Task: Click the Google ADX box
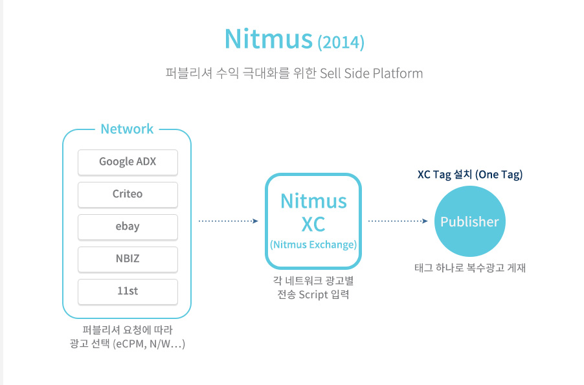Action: click(128, 162)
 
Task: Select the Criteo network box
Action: click(128, 194)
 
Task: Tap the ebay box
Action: click(128, 226)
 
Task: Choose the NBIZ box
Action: click(128, 259)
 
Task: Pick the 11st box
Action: click(128, 291)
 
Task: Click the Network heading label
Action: click(127, 129)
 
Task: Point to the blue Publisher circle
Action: click(469, 222)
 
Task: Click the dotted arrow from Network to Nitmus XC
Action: click(228, 221)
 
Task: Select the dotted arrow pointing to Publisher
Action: click(398, 221)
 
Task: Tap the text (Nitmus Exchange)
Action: click(313, 245)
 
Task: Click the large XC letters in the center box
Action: click(313, 224)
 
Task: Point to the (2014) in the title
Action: click(341, 43)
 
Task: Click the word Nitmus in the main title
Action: click(268, 39)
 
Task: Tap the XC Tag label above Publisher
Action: click(438, 175)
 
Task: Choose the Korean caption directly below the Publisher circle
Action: click(469, 267)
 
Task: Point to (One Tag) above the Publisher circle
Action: click(499, 175)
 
